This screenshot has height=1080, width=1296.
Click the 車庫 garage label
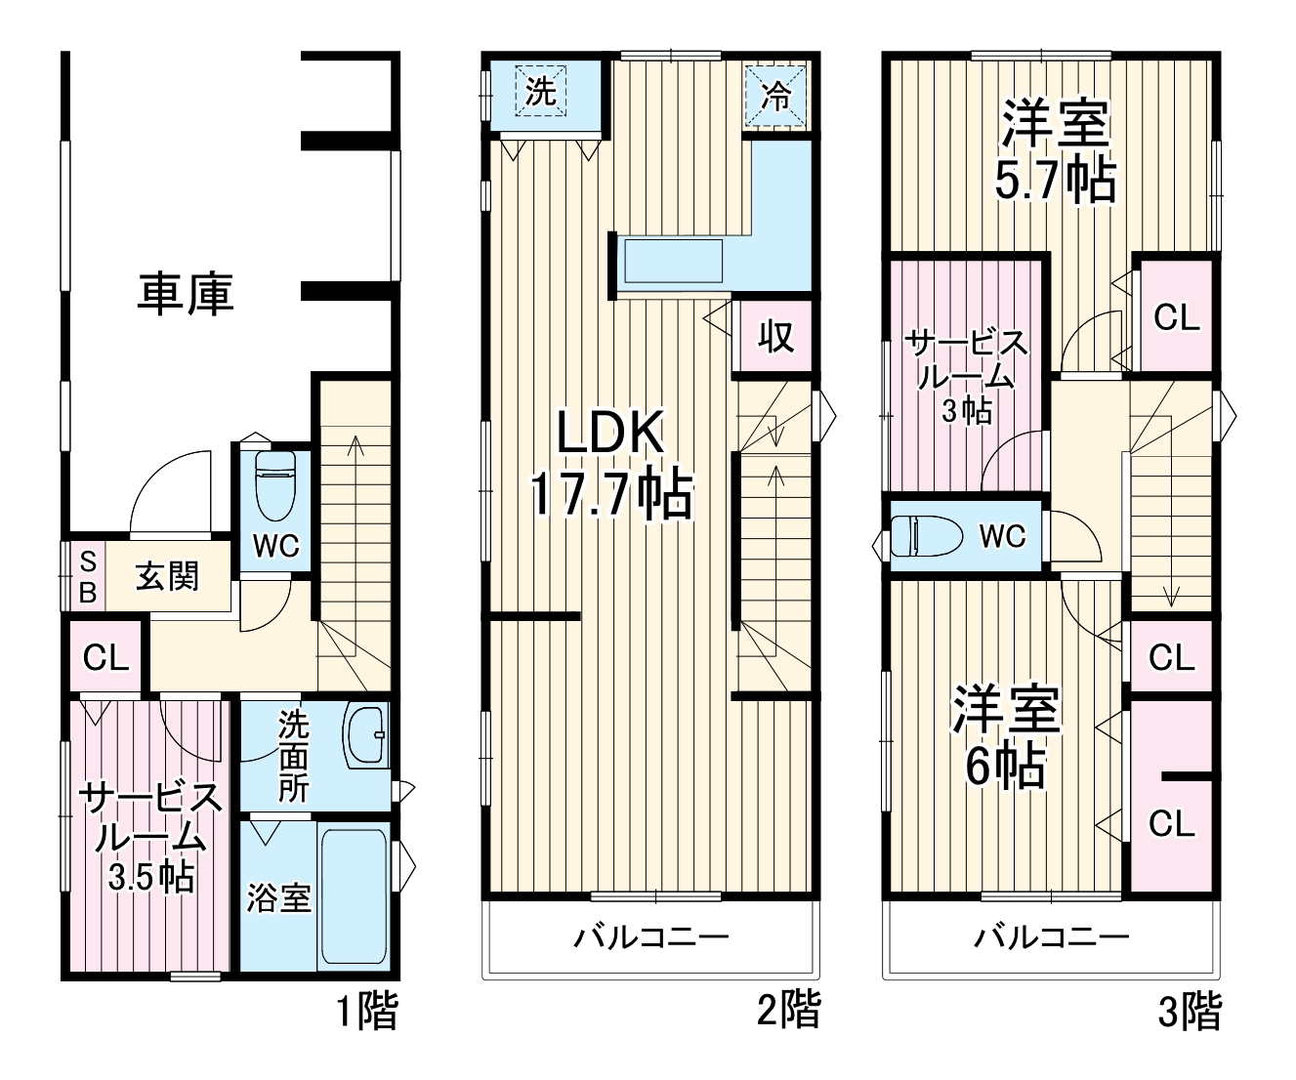click(x=185, y=293)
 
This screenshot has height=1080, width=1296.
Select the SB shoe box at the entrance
click(x=87, y=576)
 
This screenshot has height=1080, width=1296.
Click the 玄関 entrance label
click(x=167, y=576)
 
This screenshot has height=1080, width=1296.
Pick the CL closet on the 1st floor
click(x=105, y=657)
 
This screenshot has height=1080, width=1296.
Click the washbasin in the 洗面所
click(x=366, y=734)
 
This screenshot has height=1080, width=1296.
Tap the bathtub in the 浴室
click(x=354, y=896)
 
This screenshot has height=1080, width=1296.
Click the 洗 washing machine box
click(x=541, y=92)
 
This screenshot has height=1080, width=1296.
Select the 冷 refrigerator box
click(x=776, y=96)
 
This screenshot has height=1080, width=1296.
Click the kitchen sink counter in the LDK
click(x=673, y=262)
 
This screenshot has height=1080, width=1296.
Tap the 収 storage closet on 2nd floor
click(x=775, y=337)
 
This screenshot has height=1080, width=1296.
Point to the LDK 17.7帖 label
click(x=611, y=463)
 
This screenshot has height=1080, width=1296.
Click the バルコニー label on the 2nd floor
click(x=650, y=938)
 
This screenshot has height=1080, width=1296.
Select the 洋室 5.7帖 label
click(x=1055, y=152)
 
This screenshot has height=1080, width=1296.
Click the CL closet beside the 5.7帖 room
click(x=1176, y=317)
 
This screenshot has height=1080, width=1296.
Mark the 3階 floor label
click(x=1189, y=1012)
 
